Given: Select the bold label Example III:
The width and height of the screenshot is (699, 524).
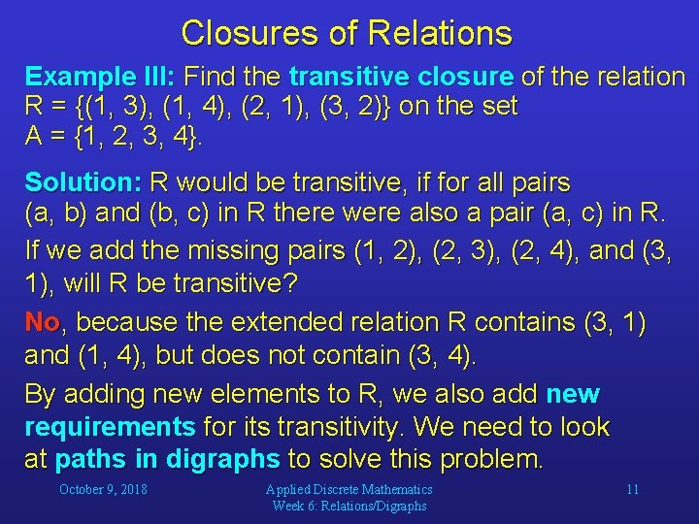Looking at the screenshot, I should pyautogui.click(x=100, y=77).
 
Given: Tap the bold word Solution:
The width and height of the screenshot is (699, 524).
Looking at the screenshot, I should pyautogui.click(x=83, y=182).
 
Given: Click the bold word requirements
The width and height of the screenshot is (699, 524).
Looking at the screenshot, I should pyautogui.click(x=110, y=427).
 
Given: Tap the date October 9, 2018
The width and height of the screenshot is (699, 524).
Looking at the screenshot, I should pyautogui.click(x=103, y=489).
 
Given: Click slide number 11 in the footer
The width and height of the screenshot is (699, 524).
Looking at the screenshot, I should pyautogui.click(x=632, y=489).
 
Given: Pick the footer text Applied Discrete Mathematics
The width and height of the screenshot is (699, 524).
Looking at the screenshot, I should pyautogui.click(x=349, y=490).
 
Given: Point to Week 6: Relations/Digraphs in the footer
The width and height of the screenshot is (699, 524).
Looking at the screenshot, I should pyautogui.click(x=349, y=506).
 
